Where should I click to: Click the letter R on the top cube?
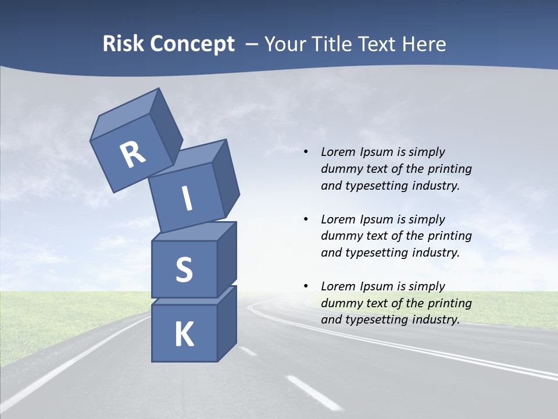133,154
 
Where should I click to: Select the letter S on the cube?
184,269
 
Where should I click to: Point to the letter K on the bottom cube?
184,335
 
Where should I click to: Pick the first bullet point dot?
306,152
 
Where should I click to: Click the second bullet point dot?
306,219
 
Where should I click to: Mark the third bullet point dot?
306,286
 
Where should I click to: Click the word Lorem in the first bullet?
337,152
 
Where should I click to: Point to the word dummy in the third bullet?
339,303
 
